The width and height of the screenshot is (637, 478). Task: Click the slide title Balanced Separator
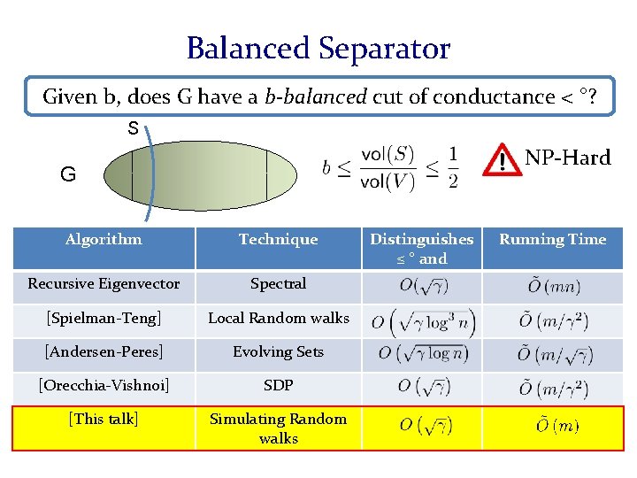318,48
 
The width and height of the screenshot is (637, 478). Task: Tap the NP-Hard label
567,158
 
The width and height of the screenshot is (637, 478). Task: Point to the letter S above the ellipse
133,129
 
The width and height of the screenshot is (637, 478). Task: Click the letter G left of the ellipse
68,174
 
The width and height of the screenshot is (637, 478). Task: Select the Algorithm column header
104,239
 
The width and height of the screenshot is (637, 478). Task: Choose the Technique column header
278,239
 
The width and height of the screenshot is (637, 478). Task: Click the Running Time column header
553,239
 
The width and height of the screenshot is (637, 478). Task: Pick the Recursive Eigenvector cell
104,284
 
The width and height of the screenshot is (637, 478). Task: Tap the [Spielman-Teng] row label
104,318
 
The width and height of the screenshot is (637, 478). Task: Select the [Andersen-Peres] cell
104,351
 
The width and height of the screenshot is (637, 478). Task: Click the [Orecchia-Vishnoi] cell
104,385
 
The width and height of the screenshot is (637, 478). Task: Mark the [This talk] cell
104,419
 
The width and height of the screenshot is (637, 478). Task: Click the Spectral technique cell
278,284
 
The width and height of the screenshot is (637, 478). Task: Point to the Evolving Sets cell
278,351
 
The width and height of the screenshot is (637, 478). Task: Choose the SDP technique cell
278,385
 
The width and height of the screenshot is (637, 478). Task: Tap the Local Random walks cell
278,318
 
